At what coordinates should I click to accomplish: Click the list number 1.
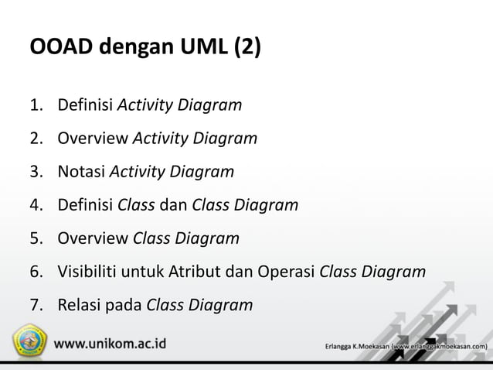point(36,104)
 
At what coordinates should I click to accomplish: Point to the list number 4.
point(36,205)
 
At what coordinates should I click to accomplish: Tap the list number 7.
point(36,305)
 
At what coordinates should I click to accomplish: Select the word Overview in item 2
point(93,139)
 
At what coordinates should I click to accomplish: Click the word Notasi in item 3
point(81,172)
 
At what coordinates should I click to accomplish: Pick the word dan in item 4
point(172,205)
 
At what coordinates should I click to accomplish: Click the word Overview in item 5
point(93,238)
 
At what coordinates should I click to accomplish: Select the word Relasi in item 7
point(80,305)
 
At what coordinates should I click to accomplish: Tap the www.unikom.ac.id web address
point(114,343)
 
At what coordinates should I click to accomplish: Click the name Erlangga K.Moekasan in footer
point(357,345)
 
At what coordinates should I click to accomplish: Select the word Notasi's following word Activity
point(138,172)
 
